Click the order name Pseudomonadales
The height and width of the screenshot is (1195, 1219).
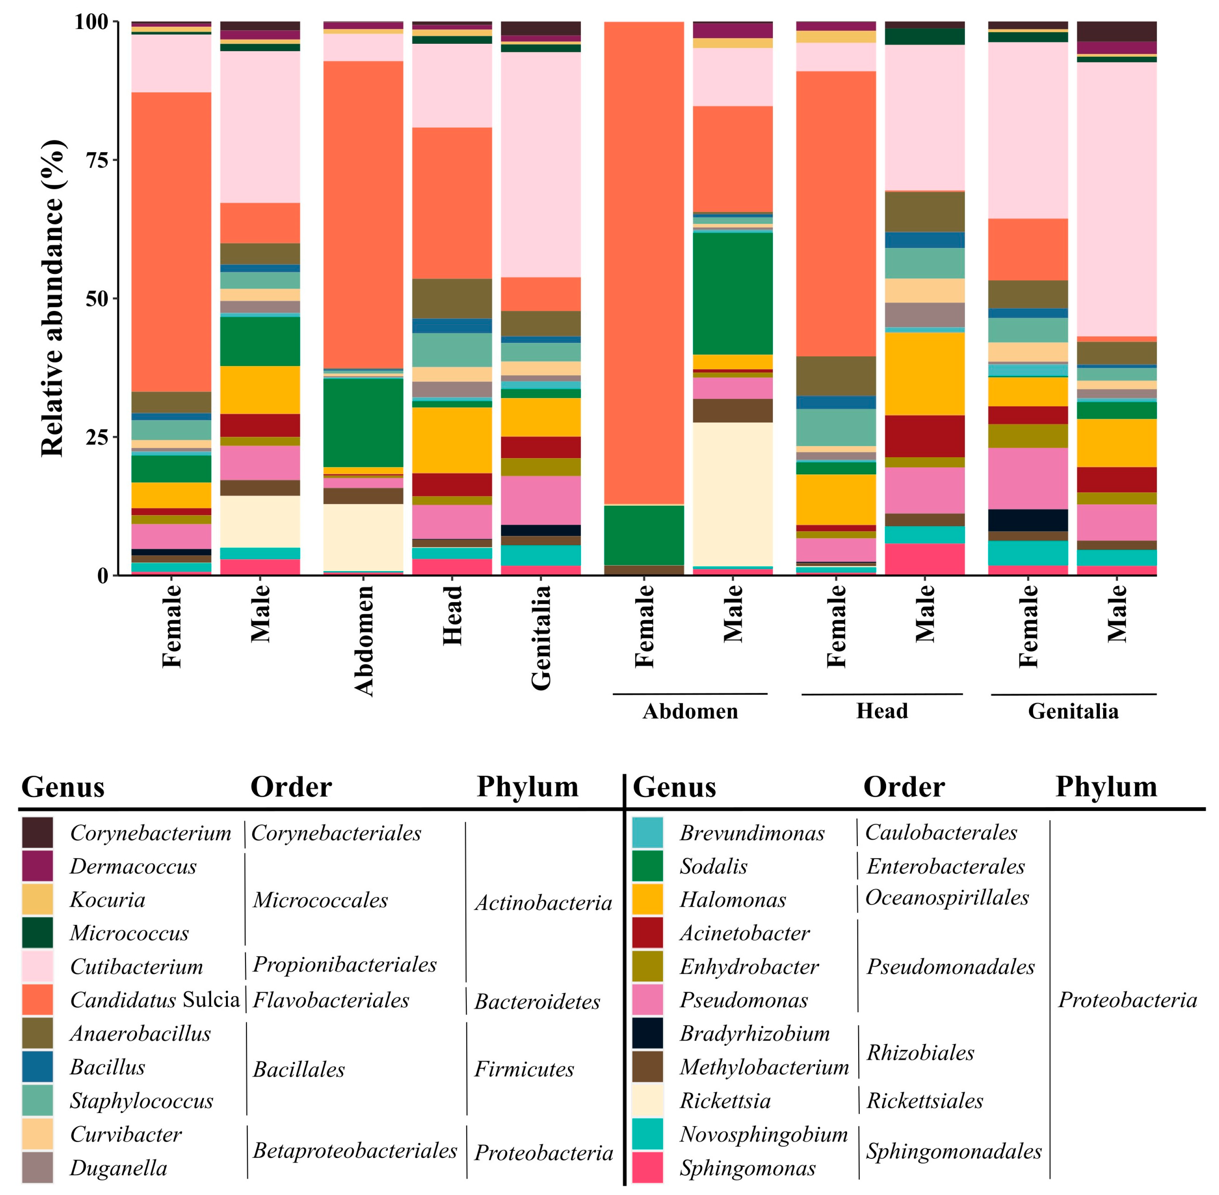coord(950,966)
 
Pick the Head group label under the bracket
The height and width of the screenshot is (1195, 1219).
coord(882,711)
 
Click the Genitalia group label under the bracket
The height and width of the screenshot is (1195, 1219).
coord(1073,711)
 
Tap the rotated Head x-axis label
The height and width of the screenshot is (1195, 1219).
coord(452,615)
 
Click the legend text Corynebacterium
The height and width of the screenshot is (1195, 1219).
coord(150,833)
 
